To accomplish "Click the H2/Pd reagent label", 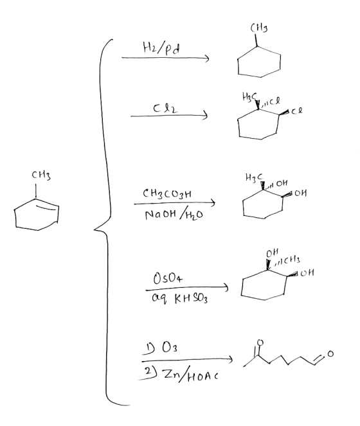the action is (161, 48).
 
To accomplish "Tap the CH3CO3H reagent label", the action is (167, 193).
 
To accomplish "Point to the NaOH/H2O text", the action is (174, 215).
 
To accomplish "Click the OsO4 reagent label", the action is (168, 279).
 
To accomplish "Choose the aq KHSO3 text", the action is (180, 299).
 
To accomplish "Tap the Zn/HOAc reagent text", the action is (190, 375).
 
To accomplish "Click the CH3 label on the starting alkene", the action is (41, 175).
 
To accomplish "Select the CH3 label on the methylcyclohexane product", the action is (259, 28).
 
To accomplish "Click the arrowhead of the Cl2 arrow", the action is (206, 115).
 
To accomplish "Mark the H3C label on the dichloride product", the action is (249, 96).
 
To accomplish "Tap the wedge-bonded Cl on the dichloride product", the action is (297, 111).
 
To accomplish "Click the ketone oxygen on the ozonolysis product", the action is (260, 342).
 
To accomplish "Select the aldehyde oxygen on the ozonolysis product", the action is (330, 353).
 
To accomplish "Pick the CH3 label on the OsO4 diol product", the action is (292, 260).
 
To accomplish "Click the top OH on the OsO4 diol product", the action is (272, 253).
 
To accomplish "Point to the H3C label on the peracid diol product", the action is (254, 177).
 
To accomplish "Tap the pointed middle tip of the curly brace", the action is (94, 230).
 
